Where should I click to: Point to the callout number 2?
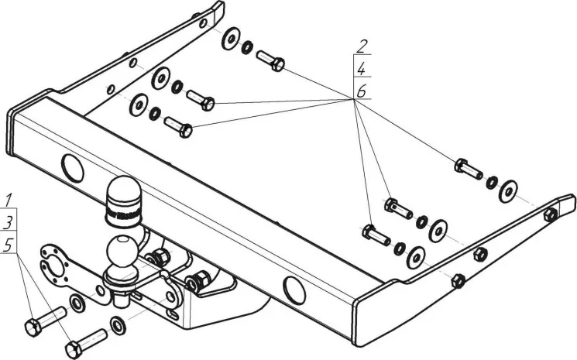click(x=361, y=45)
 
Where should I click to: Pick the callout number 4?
click(x=361, y=68)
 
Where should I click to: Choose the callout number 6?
click(x=361, y=91)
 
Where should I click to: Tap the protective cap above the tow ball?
click(x=124, y=199)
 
